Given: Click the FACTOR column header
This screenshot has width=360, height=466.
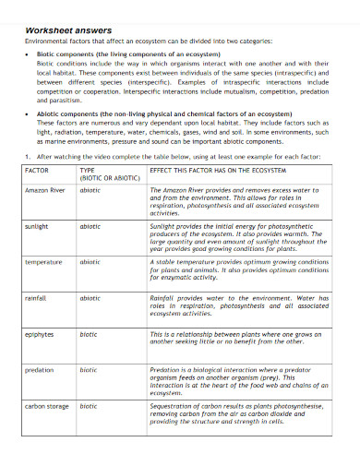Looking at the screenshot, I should tap(37, 171).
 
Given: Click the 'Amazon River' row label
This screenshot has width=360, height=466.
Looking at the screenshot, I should tap(45, 189).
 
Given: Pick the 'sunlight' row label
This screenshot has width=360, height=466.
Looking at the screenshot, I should tap(37, 225).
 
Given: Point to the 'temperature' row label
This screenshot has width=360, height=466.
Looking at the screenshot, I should tap(43, 262).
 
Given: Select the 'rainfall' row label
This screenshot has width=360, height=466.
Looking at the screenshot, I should tap(36, 298).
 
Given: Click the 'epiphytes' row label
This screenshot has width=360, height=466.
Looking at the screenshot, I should tap(40, 334).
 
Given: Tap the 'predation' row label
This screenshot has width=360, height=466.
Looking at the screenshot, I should tap(40, 369).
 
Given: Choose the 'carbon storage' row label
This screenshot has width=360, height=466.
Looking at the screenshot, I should tap(46, 405).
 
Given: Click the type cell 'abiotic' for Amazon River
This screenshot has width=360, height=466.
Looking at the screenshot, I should tap(90, 189).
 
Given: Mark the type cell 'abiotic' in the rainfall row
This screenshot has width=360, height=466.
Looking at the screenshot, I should tap(90, 298).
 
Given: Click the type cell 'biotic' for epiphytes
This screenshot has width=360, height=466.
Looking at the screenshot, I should tap(89, 334).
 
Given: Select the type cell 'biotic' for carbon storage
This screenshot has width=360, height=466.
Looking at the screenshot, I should tap(89, 405).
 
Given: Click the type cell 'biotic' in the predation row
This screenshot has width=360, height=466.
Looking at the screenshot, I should tap(89, 369).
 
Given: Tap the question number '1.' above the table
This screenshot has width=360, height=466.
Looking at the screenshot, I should tap(29, 157).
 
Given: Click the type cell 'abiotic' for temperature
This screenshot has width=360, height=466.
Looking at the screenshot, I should tap(90, 262).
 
